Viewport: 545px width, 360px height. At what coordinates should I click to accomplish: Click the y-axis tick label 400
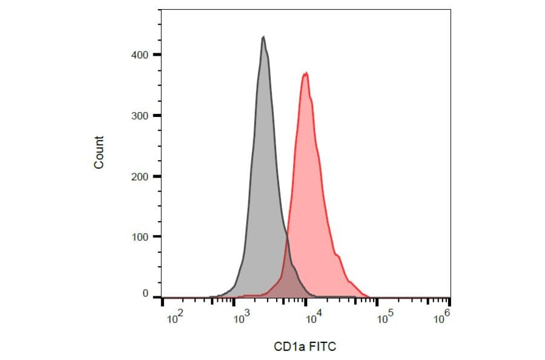pyautogui.click(x=140, y=55)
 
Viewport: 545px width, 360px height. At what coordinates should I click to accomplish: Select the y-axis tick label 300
pyautogui.click(x=140, y=115)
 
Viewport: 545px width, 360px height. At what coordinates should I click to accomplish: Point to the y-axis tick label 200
pyautogui.click(x=140, y=176)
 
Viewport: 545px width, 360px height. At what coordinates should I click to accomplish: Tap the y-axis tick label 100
pyautogui.click(x=140, y=236)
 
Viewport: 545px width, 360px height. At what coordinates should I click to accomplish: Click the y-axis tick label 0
pyautogui.click(x=145, y=293)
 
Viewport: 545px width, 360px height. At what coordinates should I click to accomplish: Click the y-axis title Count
pyautogui.click(x=99, y=152)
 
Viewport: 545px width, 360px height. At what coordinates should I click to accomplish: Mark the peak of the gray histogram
pyautogui.click(x=263, y=37)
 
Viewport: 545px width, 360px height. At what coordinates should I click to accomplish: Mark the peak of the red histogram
pyautogui.click(x=306, y=73)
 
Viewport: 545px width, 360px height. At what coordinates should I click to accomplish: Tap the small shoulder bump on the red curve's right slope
pyautogui.click(x=338, y=256)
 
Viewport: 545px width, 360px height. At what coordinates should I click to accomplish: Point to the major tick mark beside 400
pyautogui.click(x=157, y=55)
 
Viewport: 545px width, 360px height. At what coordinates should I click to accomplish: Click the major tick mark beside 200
pyautogui.click(x=157, y=176)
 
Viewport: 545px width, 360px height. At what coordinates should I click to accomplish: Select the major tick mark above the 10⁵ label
pyautogui.click(x=377, y=301)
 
